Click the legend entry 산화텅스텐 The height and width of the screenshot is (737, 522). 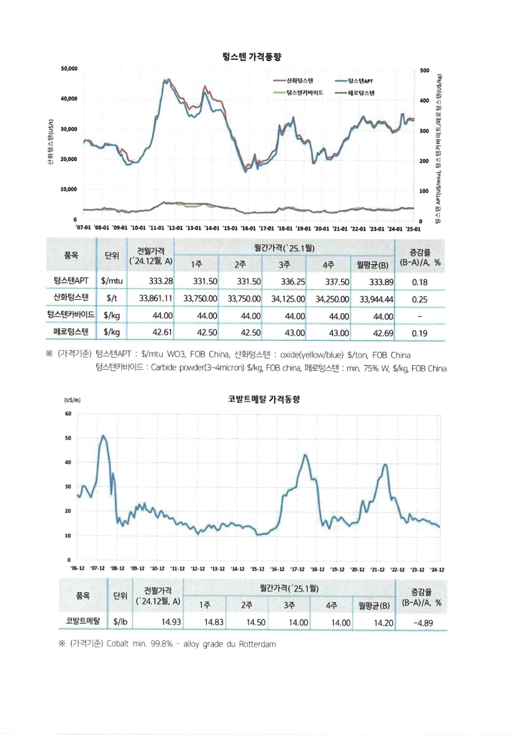pos(299,80)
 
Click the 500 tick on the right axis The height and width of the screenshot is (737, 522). pos(424,70)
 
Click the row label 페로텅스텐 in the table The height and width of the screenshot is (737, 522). pos(71,332)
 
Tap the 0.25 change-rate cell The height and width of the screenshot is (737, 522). pos(419,299)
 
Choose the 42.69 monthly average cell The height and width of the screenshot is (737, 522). pos(383,333)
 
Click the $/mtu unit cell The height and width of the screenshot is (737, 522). pos(112,281)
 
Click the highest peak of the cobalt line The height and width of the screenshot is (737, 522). pos(103,436)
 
